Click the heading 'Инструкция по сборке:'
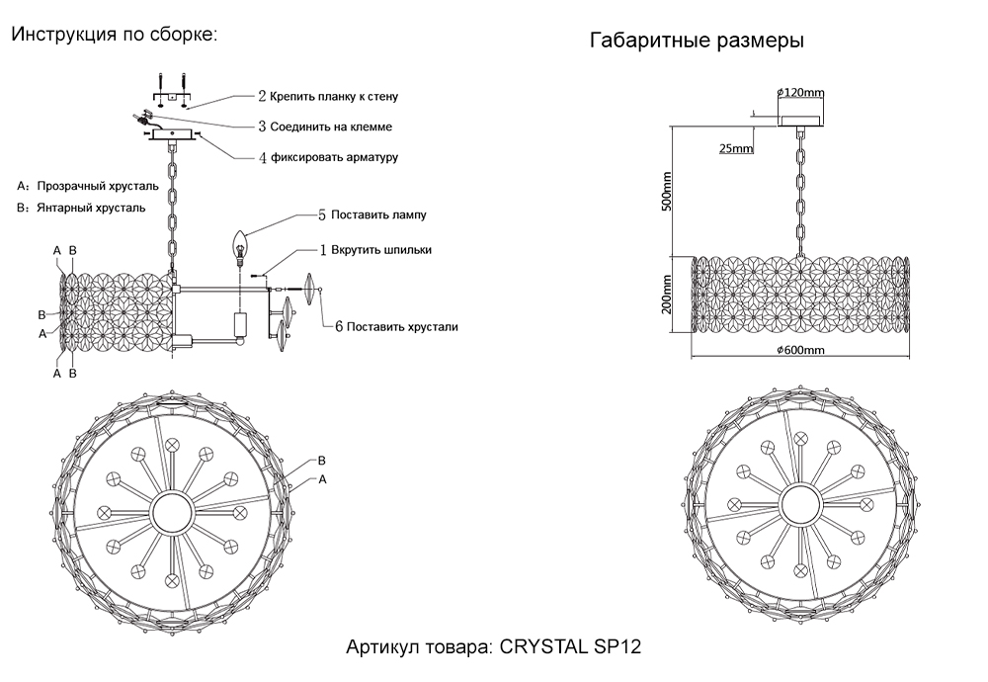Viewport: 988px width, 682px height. click(114, 35)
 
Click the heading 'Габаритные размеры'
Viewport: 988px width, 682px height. click(696, 42)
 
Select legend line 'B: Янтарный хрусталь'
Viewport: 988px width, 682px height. click(81, 209)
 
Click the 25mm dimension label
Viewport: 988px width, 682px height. click(735, 149)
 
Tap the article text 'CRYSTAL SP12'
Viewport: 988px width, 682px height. click(572, 648)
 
